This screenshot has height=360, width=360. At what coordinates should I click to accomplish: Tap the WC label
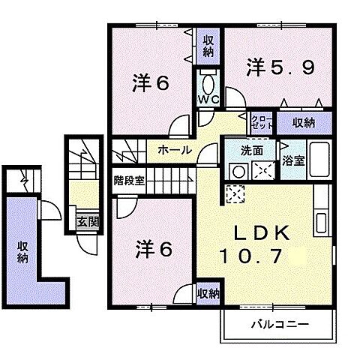click(x=207, y=100)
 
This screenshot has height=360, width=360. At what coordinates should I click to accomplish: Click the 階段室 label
click(x=129, y=181)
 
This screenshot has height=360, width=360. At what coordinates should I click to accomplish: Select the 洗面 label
click(x=251, y=150)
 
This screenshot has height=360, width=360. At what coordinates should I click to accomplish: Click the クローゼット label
click(x=261, y=122)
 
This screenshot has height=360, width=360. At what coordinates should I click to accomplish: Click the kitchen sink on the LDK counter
click(x=322, y=222)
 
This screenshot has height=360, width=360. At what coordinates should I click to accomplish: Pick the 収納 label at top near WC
click(x=207, y=46)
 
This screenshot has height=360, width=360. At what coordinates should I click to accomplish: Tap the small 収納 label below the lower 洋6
click(x=208, y=293)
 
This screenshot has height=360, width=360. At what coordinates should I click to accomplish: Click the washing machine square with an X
click(x=263, y=169)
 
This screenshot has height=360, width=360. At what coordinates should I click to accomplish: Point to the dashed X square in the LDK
click(x=235, y=194)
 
